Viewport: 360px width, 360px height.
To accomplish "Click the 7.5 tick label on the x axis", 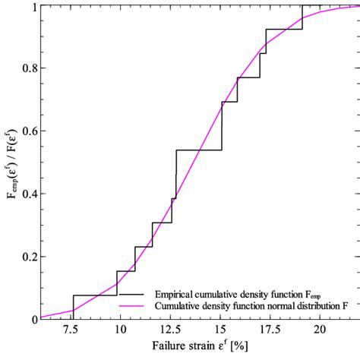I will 72,331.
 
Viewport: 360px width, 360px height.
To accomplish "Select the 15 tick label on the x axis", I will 221,331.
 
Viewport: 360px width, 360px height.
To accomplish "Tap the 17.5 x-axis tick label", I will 271,331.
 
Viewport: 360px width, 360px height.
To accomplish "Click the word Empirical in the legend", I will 175,292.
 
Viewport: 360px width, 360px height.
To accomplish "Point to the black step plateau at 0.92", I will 284,29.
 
